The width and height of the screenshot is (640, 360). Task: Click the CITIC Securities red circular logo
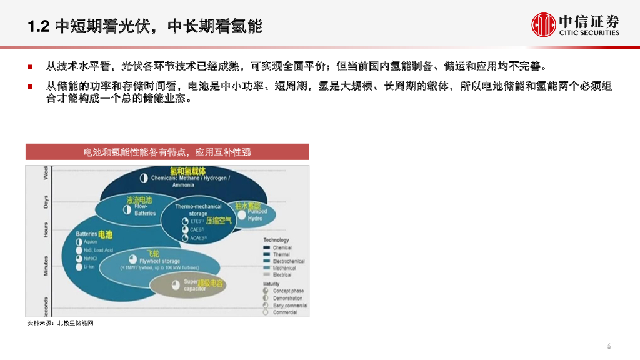point(543,24)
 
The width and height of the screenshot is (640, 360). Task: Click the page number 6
point(609,346)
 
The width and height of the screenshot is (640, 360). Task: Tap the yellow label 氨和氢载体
point(187,171)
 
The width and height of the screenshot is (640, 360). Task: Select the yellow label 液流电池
point(139,201)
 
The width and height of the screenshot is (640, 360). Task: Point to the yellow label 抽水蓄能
point(247,206)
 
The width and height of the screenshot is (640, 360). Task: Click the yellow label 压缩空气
point(219,221)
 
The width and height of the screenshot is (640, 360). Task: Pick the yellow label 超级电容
point(211,283)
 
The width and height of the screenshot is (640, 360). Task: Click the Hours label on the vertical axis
point(46,229)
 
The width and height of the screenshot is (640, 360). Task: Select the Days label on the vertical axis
point(46,201)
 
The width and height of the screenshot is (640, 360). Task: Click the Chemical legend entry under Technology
point(282,248)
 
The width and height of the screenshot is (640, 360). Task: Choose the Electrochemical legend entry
point(288,261)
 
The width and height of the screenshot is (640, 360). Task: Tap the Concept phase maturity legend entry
point(287,291)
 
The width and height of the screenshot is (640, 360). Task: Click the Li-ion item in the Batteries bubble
point(89,267)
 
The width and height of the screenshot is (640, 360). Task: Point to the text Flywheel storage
point(159,261)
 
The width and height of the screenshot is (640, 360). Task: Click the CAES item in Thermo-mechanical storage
point(197,229)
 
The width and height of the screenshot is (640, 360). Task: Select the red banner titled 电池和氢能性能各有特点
point(167,152)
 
